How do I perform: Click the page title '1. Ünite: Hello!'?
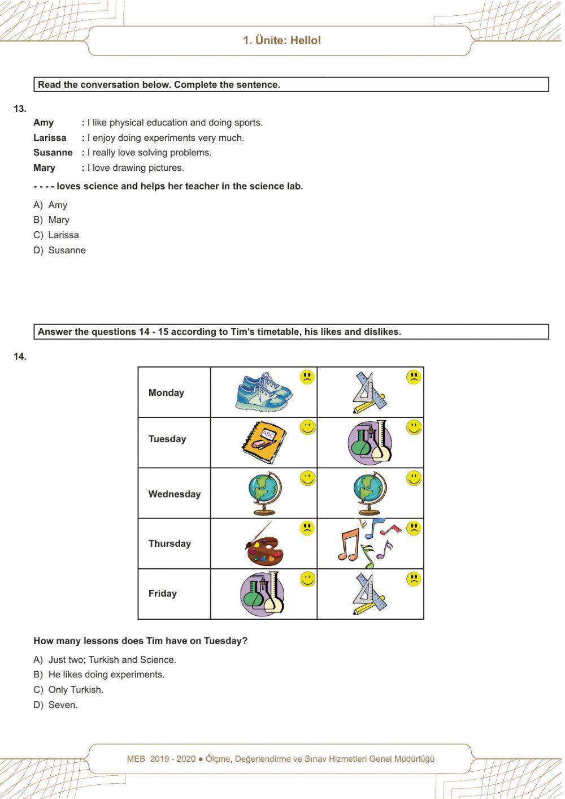pyautogui.click(x=282, y=41)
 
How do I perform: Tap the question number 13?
pyautogui.click(x=20, y=109)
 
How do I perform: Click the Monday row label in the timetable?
pyautogui.click(x=166, y=393)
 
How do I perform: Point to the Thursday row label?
pyautogui.click(x=169, y=544)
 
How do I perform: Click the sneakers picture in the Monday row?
pyautogui.click(x=264, y=391)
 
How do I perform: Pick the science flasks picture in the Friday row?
pyautogui.click(x=262, y=594)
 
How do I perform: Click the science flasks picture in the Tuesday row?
pyautogui.click(x=370, y=442)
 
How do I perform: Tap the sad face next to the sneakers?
pyautogui.click(x=307, y=377)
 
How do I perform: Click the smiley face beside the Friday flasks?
pyautogui.click(x=307, y=579)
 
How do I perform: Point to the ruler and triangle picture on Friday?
pyautogui.click(x=370, y=594)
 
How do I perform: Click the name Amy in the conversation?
pyautogui.click(x=44, y=123)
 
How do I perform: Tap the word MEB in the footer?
pyautogui.click(x=136, y=759)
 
